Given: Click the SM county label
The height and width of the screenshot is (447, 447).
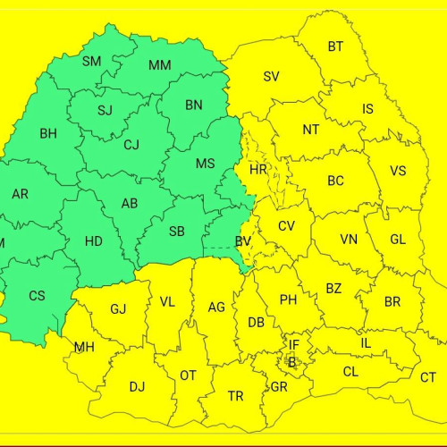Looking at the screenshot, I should (x=91, y=62).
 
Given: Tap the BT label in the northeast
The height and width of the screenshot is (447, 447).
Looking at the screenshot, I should (x=335, y=46).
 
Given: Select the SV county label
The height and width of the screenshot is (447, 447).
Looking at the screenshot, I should (x=271, y=76).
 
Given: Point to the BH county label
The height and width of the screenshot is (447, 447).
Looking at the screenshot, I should (x=47, y=134).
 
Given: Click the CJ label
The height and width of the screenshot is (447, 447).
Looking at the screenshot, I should (x=131, y=145).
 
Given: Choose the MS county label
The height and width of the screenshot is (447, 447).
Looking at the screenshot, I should (x=205, y=163).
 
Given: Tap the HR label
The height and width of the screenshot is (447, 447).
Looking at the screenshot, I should (x=258, y=169).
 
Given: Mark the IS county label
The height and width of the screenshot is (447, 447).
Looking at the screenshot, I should (x=367, y=109).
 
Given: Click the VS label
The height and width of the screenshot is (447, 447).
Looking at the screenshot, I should (x=398, y=171).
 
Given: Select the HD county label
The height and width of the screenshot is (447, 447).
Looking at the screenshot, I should (x=93, y=240).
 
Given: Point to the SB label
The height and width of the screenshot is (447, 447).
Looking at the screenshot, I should (x=176, y=232).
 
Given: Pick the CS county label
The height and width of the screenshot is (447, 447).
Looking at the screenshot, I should (x=37, y=296).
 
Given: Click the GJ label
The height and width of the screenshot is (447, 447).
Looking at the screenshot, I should (x=118, y=309).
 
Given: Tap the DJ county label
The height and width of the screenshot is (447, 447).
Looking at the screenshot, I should (x=137, y=386).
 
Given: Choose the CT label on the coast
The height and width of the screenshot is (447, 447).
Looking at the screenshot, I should (x=428, y=377).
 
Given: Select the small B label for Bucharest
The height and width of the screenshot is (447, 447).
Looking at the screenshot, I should (x=291, y=362).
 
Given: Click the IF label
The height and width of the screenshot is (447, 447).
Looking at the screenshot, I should (x=294, y=344).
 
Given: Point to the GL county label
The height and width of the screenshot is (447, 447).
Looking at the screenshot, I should (x=398, y=240).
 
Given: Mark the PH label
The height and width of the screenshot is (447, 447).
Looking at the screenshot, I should (x=288, y=299).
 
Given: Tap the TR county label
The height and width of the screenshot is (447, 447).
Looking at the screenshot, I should (x=235, y=395).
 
